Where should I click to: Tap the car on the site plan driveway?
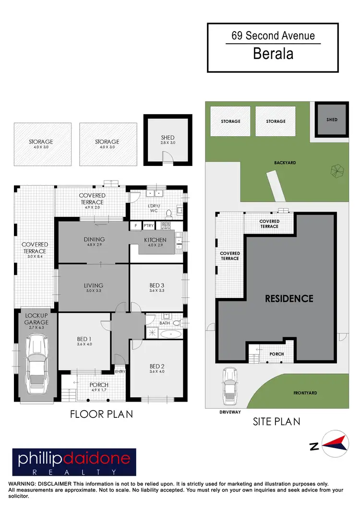(229, 385)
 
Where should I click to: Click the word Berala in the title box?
(273, 53)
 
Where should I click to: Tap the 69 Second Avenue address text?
(273, 36)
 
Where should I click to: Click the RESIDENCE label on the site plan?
(289, 298)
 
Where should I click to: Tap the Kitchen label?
(155, 240)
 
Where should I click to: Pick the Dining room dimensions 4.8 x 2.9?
(94, 245)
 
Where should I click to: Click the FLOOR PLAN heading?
(101, 414)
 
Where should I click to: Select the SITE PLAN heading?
(276, 421)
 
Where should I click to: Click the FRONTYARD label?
(305, 393)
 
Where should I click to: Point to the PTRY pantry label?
(148, 225)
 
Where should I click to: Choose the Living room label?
(94, 285)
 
